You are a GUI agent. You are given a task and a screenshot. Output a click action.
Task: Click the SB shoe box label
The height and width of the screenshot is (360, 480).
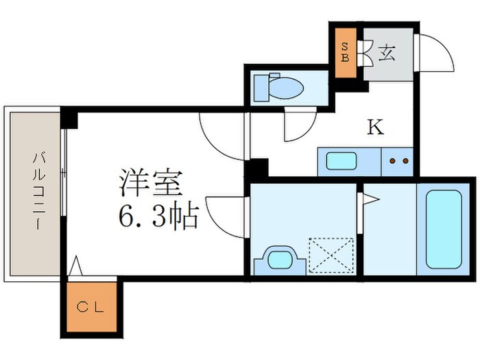point(346,53)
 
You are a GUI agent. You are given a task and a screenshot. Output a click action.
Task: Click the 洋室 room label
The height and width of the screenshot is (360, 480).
point(150,184)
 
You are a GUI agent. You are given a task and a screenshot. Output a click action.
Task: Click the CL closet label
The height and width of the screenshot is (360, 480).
point(91,307)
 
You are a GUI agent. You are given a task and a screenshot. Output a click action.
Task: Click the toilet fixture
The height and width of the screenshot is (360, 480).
point(278,88)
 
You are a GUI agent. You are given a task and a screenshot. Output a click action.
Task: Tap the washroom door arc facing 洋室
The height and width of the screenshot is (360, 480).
point(225,216)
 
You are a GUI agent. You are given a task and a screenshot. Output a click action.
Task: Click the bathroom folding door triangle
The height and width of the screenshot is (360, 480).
point(370,200)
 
